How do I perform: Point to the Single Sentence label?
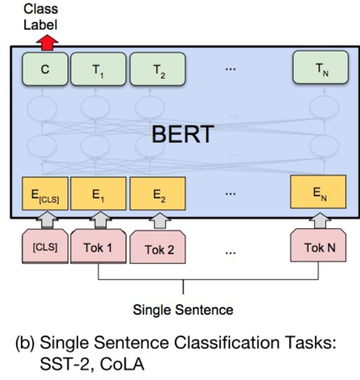[x=182, y=309]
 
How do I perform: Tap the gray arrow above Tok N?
[x=318, y=221]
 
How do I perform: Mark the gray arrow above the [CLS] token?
[x=44, y=221]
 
